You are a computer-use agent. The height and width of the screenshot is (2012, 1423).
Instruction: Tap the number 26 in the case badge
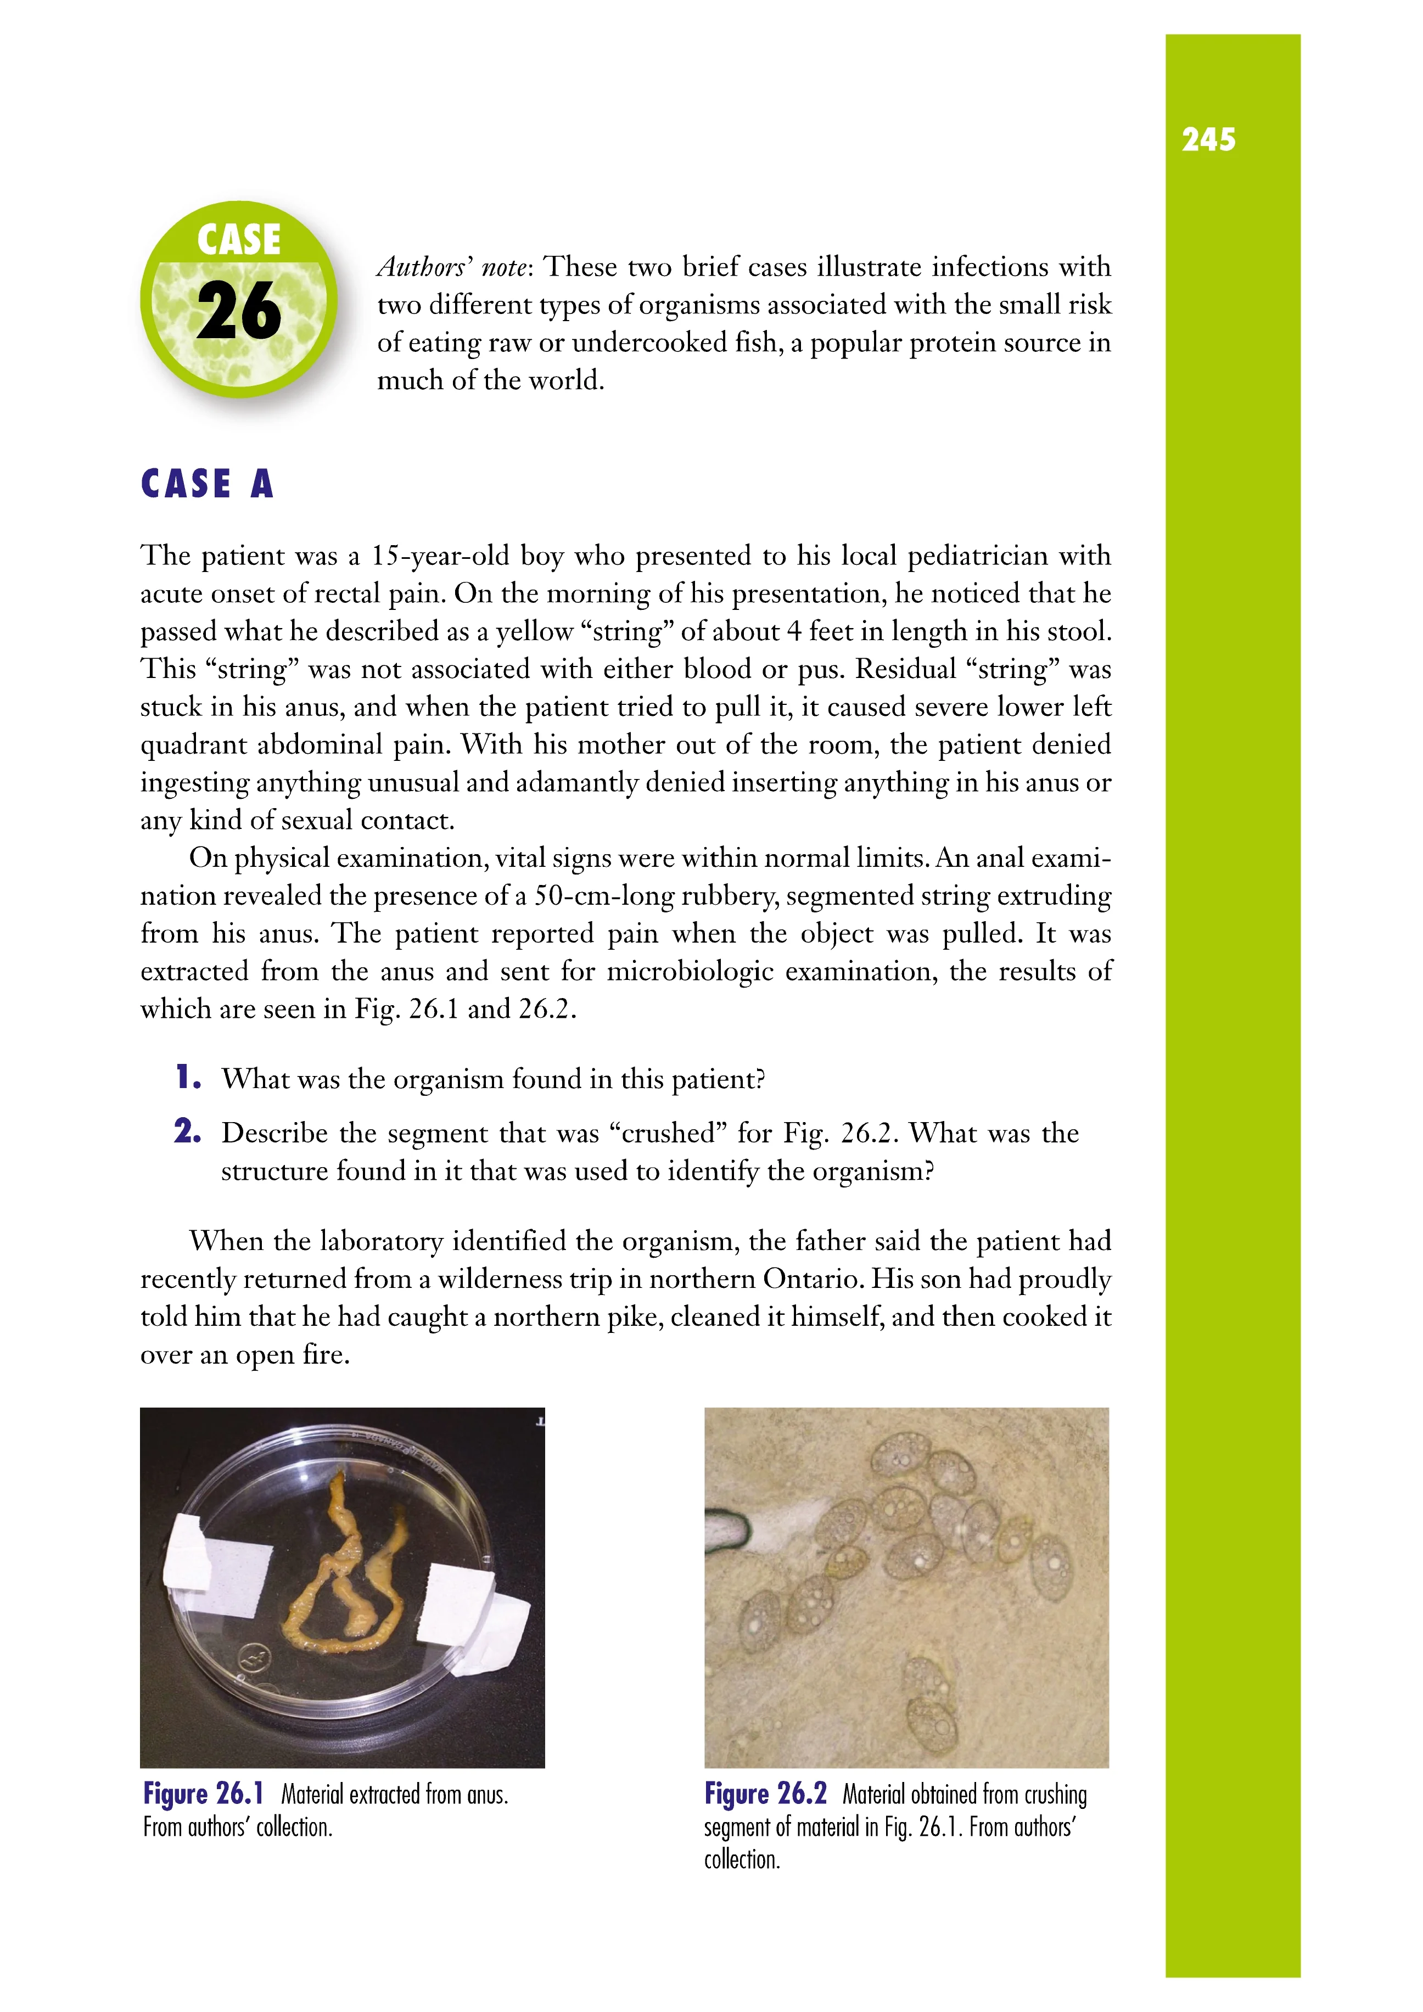tap(238, 312)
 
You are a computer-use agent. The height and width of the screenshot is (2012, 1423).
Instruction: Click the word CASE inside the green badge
tap(238, 240)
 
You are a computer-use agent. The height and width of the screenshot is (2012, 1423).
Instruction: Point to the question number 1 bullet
tap(187, 1077)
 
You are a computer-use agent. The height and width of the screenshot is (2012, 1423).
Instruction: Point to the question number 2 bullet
tap(187, 1131)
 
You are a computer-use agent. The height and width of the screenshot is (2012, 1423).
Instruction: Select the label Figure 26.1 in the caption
tap(203, 1794)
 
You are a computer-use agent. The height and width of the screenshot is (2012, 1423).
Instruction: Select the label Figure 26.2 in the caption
tap(765, 1794)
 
